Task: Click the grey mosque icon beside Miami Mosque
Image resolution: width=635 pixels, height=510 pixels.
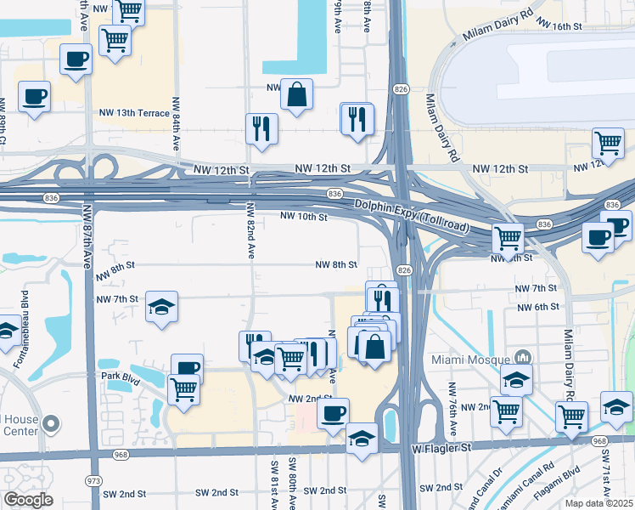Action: (522, 358)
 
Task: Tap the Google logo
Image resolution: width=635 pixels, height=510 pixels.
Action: (28, 499)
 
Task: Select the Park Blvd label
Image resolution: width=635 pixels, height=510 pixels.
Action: (120, 376)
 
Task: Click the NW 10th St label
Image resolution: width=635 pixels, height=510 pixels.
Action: (304, 218)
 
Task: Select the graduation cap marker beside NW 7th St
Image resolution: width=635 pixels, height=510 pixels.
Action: (161, 306)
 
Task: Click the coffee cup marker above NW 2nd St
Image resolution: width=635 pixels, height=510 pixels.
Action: (333, 412)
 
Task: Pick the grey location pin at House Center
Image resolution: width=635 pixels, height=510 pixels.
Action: (52, 423)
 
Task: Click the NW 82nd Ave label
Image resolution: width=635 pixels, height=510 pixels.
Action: (250, 230)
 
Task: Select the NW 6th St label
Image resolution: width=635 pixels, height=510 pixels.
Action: (537, 307)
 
